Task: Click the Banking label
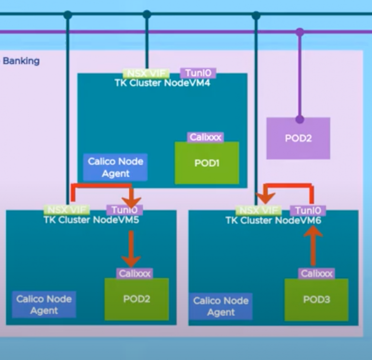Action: pos(21,62)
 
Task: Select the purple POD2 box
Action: pos(298,139)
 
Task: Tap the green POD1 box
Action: pos(207,163)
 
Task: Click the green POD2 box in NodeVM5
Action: pos(137,299)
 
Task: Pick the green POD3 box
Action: pos(316,300)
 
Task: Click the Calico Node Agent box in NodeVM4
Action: pos(116,167)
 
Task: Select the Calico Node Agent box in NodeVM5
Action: pos(44,305)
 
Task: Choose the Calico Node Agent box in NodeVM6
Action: pos(221,306)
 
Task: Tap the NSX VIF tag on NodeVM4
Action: pos(146,74)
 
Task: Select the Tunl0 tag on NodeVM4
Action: pos(198,73)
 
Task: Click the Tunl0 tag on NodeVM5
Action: pos(124,210)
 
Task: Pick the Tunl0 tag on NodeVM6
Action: pos(308,210)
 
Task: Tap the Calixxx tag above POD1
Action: pos(205,137)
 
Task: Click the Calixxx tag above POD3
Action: pos(316,273)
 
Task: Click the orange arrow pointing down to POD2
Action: pos(131,248)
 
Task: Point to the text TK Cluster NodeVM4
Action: pos(162,82)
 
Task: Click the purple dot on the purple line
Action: pos(300,32)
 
